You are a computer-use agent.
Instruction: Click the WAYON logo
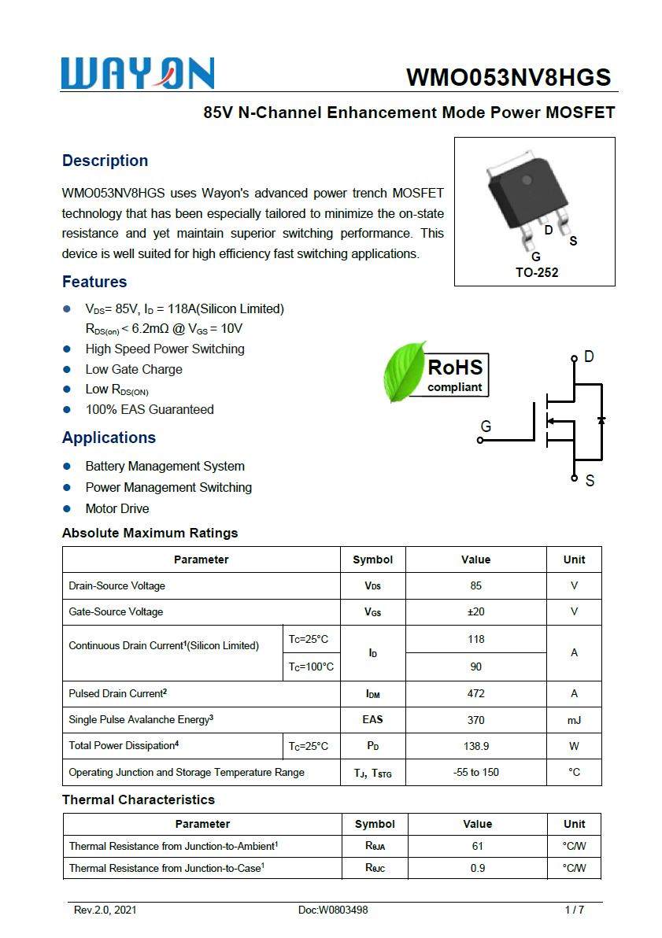[x=138, y=74]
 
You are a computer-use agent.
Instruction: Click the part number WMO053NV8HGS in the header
[x=509, y=77]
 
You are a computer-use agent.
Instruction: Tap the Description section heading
[x=105, y=161]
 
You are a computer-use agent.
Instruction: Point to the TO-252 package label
[x=537, y=273]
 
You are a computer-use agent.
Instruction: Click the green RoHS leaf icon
[x=404, y=371]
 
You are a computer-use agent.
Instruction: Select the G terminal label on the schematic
[x=486, y=427]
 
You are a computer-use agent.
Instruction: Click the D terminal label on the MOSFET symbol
[x=589, y=357]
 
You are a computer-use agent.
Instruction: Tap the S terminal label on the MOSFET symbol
[x=590, y=480]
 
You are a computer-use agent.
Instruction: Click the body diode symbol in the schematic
[x=601, y=419]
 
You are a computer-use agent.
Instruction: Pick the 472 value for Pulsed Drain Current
[x=475, y=693]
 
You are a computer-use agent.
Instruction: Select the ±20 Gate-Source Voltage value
[x=475, y=611]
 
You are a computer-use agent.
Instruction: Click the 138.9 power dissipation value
[x=475, y=746]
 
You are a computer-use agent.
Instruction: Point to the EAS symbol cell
[x=372, y=719]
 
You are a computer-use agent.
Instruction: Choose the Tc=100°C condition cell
[x=310, y=667]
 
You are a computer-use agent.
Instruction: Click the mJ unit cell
[x=574, y=719]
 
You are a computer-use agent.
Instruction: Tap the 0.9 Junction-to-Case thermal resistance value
[x=477, y=868]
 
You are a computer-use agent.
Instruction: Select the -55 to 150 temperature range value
[x=475, y=772]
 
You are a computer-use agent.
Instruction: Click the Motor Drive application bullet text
[x=117, y=508]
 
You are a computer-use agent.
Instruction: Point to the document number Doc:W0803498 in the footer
[x=333, y=910]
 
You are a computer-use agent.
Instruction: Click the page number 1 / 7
[x=575, y=910]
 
